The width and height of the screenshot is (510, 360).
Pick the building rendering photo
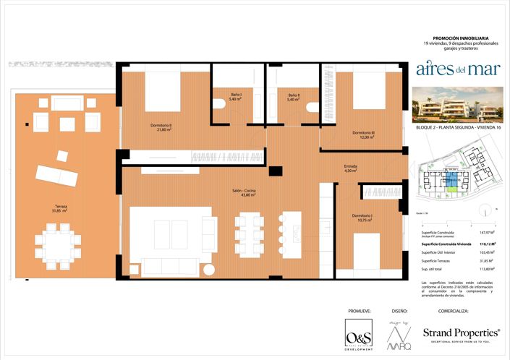point(456,106)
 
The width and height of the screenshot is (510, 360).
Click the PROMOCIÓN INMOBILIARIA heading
point(460,38)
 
